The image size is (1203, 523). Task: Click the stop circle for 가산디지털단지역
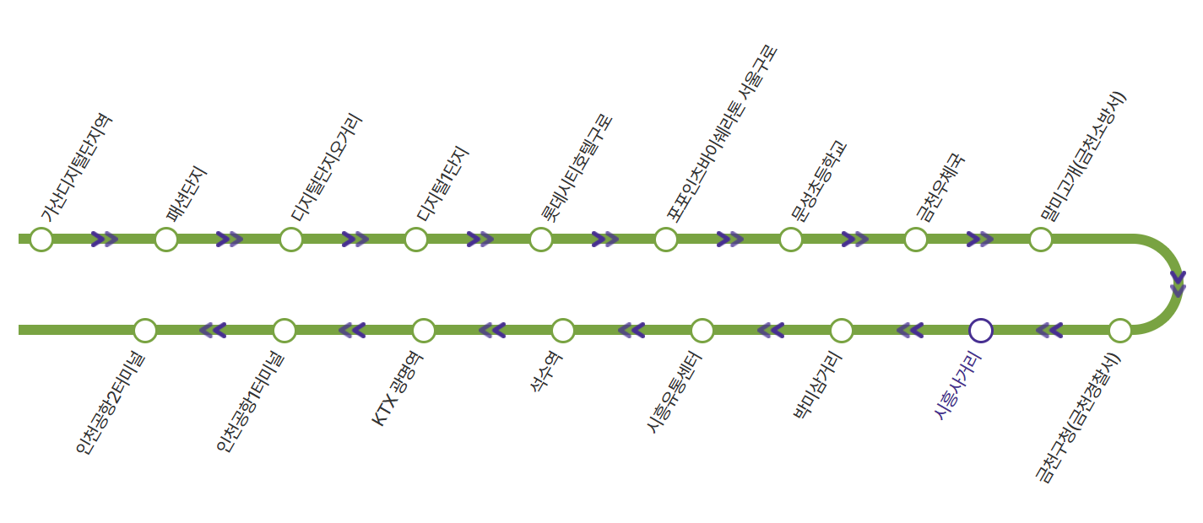click(x=41, y=240)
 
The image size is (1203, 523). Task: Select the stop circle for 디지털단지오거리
click(x=291, y=240)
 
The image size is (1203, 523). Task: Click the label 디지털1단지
click(x=442, y=185)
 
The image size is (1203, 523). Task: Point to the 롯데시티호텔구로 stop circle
click(x=541, y=240)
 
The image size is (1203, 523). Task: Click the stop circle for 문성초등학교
click(x=791, y=240)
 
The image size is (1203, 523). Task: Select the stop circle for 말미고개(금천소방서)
click(x=1041, y=240)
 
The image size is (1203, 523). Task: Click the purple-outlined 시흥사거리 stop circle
click(x=981, y=330)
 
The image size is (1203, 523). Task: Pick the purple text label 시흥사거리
click(x=958, y=386)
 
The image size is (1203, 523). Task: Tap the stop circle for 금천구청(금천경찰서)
click(x=1120, y=330)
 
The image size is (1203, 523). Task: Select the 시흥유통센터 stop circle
click(x=702, y=330)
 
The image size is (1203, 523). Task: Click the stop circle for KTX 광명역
click(x=424, y=330)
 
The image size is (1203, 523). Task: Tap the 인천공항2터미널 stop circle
click(x=145, y=330)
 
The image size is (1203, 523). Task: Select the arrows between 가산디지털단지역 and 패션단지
click(x=104, y=240)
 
